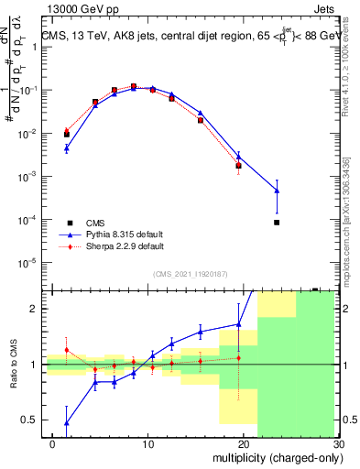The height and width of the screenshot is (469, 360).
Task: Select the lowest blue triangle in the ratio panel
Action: (x=66, y=422)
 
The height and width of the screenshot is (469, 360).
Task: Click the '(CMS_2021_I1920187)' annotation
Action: (x=190, y=272)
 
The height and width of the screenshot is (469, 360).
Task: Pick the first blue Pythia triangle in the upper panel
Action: (x=66, y=147)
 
